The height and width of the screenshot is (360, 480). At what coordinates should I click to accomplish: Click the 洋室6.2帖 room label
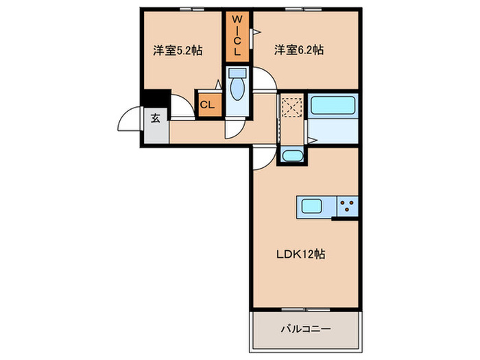300,49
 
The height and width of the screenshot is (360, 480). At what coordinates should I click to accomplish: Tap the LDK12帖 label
300,254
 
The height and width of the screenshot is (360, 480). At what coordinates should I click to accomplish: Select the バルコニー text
306,329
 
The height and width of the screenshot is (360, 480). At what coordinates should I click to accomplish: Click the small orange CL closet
207,105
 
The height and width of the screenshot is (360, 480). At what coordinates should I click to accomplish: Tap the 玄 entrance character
156,118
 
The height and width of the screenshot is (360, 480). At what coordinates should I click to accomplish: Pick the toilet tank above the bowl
237,73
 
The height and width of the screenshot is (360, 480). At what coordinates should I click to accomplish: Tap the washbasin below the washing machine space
291,156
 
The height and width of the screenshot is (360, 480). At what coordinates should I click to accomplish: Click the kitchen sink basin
312,206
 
